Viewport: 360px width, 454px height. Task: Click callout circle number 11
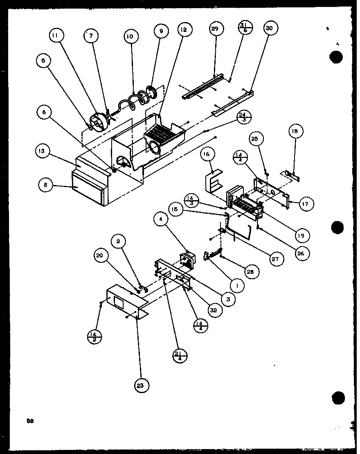[55, 36]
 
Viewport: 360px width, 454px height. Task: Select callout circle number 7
[91, 36]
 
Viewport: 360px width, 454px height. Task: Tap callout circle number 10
[130, 36]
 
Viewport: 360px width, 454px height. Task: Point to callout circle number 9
[161, 31]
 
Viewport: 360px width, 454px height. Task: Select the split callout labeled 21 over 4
[179, 356]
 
